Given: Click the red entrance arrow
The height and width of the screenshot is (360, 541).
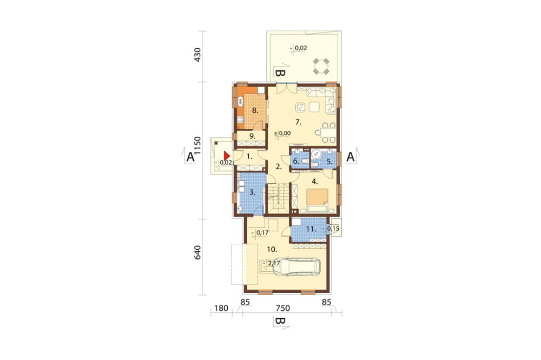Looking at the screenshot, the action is tap(226, 156).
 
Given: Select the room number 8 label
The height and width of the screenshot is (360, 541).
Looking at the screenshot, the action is tap(255, 110).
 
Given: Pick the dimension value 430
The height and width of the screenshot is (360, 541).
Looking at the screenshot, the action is tap(197, 55).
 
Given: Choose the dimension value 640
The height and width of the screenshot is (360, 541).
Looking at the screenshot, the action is tap(197, 253).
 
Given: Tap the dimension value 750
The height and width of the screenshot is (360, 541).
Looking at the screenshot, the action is tap(282, 308).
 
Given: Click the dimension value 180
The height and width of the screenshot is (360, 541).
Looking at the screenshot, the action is tap(221, 308).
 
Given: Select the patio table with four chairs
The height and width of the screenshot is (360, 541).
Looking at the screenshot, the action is tap(321, 66).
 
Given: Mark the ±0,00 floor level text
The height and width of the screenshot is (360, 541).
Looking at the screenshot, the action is tap(282, 133).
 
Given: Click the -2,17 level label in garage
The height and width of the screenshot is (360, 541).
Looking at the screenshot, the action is tap(272, 263).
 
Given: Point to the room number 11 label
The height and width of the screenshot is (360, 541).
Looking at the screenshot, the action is tap(311, 228).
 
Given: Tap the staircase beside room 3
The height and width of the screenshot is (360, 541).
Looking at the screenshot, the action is tap(278, 198).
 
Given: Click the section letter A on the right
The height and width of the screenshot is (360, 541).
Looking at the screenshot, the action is tap(350, 157).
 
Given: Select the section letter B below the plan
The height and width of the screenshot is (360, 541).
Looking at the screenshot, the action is tap(280, 322).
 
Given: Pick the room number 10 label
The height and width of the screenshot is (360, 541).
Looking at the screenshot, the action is tap(272, 249).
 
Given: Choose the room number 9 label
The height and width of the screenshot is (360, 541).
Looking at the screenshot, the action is tap(253, 136).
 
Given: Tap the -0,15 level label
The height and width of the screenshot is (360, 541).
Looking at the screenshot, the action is tap(331, 228).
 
